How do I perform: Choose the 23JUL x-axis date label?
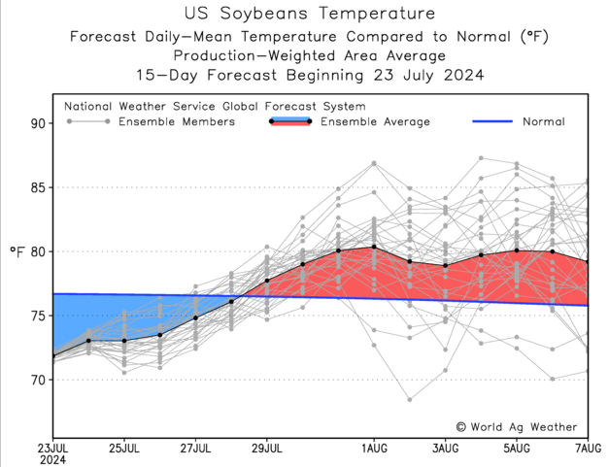pyautogui.click(x=53, y=448)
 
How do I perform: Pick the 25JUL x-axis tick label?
pyautogui.click(x=124, y=448)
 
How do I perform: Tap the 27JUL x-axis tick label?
pyautogui.click(x=196, y=448)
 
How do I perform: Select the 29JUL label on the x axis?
pyautogui.click(x=267, y=448)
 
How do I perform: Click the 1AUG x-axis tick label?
pyautogui.click(x=374, y=448)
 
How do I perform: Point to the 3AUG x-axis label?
pyautogui.click(x=445, y=448)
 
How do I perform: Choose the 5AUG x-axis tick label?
pyautogui.click(x=516, y=448)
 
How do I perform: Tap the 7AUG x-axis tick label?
pyautogui.click(x=587, y=448)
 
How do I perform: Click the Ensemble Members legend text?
pyautogui.click(x=176, y=122)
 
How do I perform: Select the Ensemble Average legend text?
pyautogui.click(x=374, y=122)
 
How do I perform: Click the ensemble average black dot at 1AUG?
pyautogui.click(x=374, y=247)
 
